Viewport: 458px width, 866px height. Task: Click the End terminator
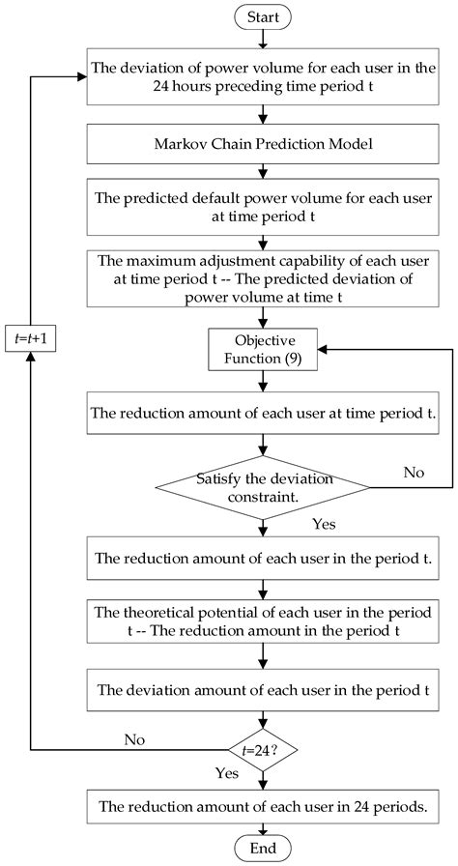(263, 847)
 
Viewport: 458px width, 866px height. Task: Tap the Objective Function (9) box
(263, 352)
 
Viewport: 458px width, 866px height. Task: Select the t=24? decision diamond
(263, 749)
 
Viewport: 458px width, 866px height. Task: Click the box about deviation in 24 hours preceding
(263, 76)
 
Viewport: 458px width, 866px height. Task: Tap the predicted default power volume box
(263, 207)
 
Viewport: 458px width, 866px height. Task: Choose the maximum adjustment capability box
(263, 278)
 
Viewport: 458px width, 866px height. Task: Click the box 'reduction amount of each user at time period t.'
(263, 413)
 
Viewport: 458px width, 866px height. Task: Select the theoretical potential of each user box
(263, 623)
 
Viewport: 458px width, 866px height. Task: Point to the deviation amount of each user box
(263, 690)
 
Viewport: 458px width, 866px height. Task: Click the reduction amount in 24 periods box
(263, 803)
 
